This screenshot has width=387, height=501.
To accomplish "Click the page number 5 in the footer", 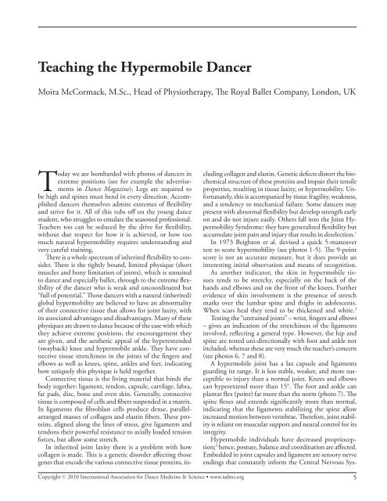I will [x=356, y=473].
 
